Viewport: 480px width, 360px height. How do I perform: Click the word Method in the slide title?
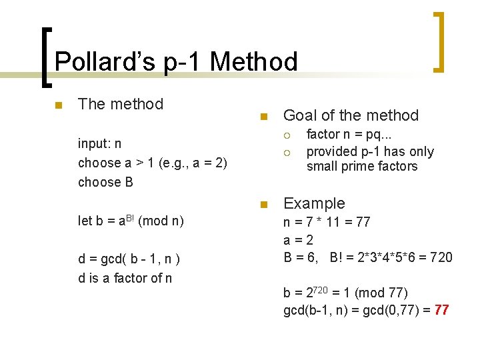click(253, 62)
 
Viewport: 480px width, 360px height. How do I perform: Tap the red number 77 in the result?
click(441, 310)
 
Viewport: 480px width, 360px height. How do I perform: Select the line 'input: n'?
click(99, 143)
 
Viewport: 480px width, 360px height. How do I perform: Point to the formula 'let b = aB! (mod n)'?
click(131, 221)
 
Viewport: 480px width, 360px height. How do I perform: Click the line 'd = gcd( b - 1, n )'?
click(130, 259)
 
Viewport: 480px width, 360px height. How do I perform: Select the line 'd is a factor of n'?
click(125, 278)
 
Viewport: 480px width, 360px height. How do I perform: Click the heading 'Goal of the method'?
click(351, 115)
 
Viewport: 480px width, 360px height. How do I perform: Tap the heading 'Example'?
click(314, 203)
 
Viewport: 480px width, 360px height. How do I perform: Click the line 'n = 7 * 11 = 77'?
click(327, 221)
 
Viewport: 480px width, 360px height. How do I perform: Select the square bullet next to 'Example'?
click(263, 204)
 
